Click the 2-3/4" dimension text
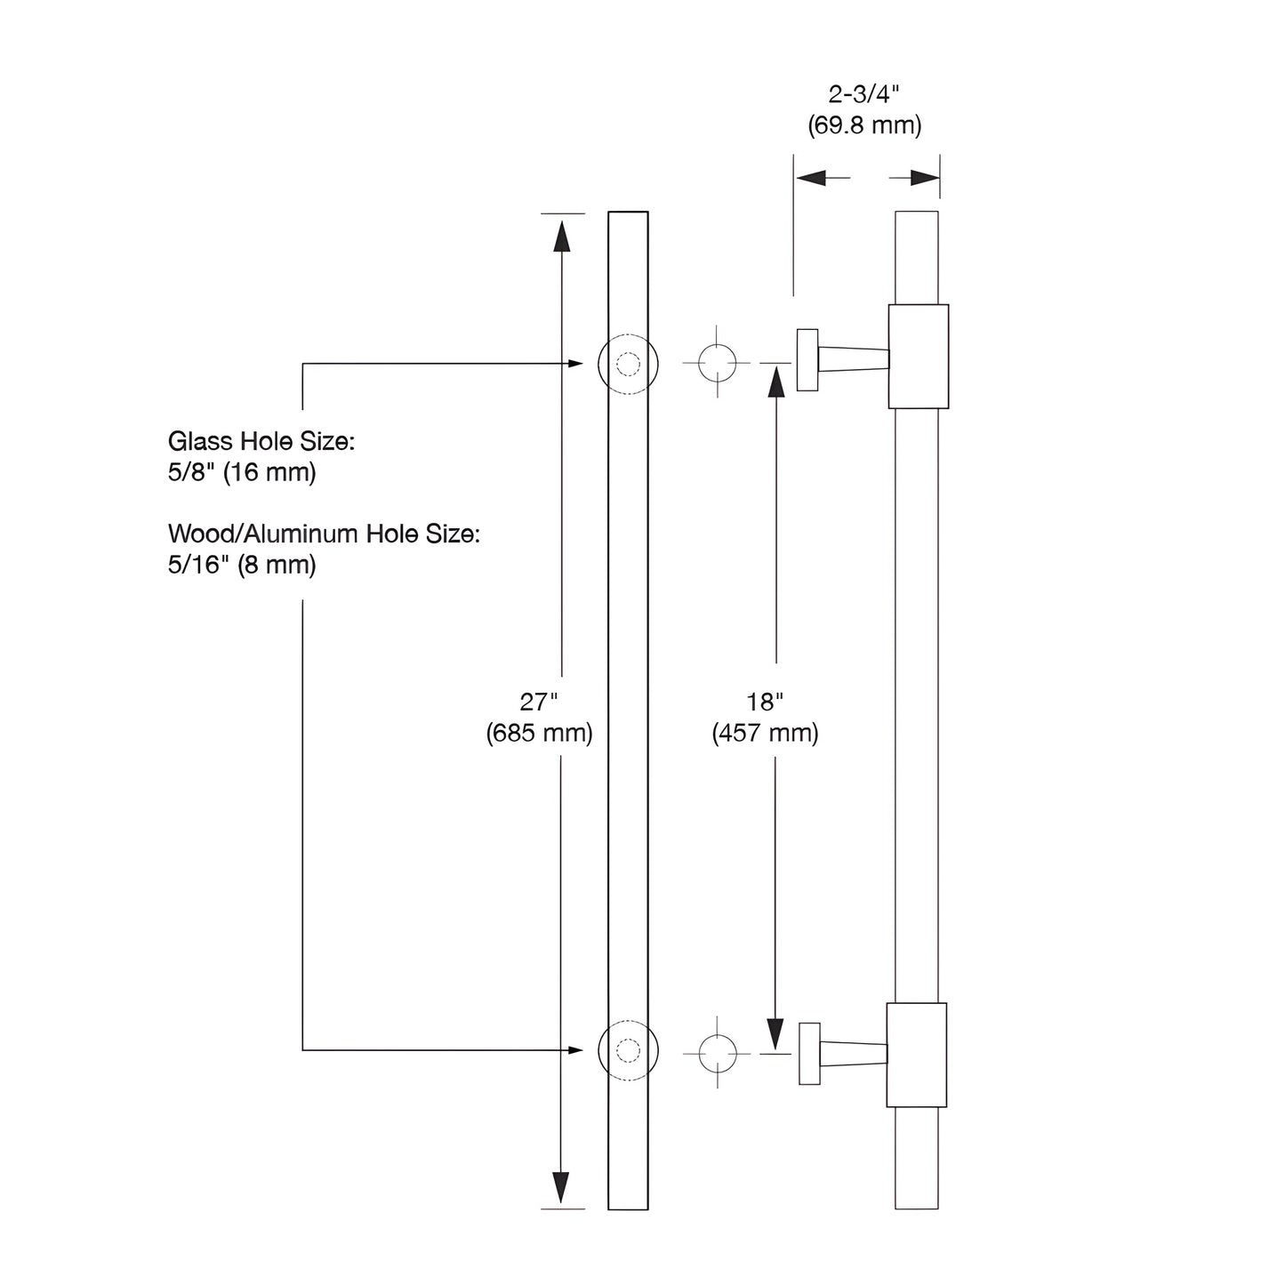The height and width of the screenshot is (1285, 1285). pyautogui.click(x=863, y=94)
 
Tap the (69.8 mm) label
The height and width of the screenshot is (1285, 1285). pyautogui.click(x=864, y=125)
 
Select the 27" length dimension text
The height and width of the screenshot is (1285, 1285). pyautogui.click(x=538, y=701)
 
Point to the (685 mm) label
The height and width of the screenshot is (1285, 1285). pyautogui.click(x=539, y=733)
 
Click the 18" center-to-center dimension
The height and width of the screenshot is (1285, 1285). pyautogui.click(x=764, y=701)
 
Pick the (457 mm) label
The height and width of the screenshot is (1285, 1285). pyautogui.click(x=765, y=733)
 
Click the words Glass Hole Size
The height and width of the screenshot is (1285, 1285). pyautogui.click(x=261, y=441)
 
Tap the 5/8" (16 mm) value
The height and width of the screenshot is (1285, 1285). pyautogui.click(x=242, y=472)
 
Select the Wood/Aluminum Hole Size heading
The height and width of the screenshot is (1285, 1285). pyautogui.click(x=324, y=534)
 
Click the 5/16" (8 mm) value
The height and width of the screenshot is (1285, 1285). pyautogui.click(x=242, y=565)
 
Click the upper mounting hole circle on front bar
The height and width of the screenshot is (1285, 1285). pyautogui.click(x=628, y=364)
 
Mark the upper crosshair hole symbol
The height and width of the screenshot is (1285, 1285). pyautogui.click(x=717, y=363)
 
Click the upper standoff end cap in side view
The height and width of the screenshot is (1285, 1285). pyautogui.click(x=807, y=359)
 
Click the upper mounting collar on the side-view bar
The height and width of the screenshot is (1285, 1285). pyautogui.click(x=919, y=356)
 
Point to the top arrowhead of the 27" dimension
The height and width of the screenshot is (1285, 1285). pyautogui.click(x=561, y=237)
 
